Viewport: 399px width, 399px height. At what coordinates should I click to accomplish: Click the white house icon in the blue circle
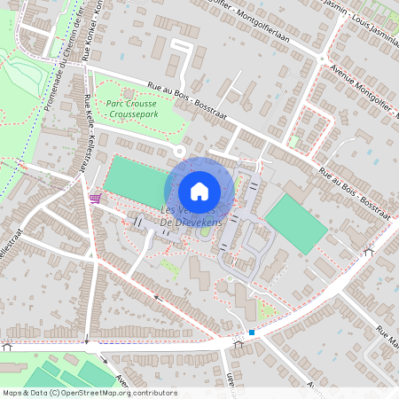(199, 191)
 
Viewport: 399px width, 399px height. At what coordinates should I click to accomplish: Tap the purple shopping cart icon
(95, 198)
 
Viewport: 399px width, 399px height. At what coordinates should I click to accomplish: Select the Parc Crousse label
(130, 104)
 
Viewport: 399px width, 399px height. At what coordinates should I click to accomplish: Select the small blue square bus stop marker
(252, 333)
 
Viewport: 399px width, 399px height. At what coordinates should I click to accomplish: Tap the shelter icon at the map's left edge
(7, 346)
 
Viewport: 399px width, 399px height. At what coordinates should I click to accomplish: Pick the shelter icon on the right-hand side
(369, 253)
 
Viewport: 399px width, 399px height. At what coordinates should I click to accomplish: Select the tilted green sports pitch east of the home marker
(296, 224)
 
